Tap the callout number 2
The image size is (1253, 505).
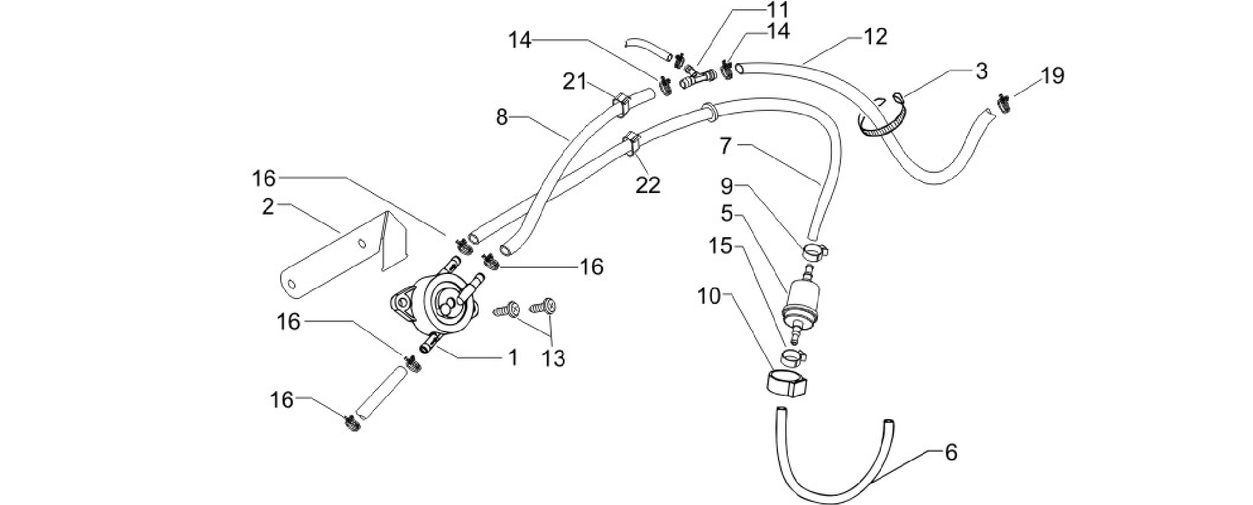coord(267,207)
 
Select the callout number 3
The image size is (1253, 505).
coord(981,71)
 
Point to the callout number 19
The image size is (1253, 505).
coord(1052,76)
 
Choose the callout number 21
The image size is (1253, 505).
coord(576,82)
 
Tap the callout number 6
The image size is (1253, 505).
coord(951,453)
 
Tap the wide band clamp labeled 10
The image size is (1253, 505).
coord(788,385)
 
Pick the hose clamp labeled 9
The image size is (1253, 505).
coord(815,251)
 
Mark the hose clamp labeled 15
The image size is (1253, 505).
coord(794,355)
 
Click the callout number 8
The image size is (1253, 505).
coord(502,118)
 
